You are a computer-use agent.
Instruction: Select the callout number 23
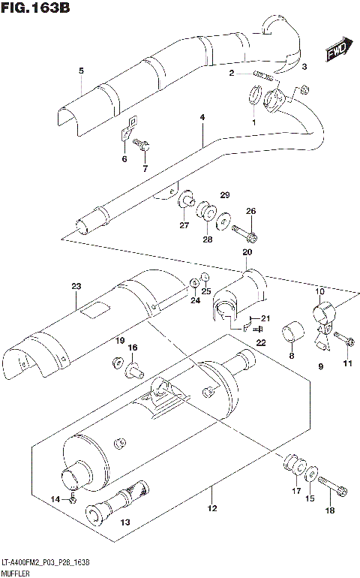click(76, 286)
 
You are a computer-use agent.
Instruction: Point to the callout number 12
click(212, 509)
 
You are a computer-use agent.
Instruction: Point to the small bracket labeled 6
click(129, 128)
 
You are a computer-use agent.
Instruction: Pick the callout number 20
click(246, 253)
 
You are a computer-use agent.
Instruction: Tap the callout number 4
click(202, 118)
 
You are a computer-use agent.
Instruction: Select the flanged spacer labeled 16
click(135, 368)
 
